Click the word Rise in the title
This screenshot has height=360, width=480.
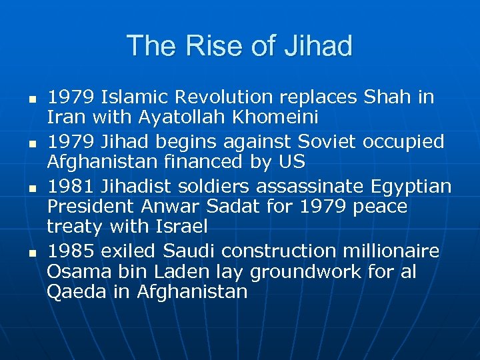pos(205,46)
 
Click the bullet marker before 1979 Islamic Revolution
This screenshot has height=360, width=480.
pos(31,98)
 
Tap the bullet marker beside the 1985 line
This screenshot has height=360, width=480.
pos(31,252)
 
